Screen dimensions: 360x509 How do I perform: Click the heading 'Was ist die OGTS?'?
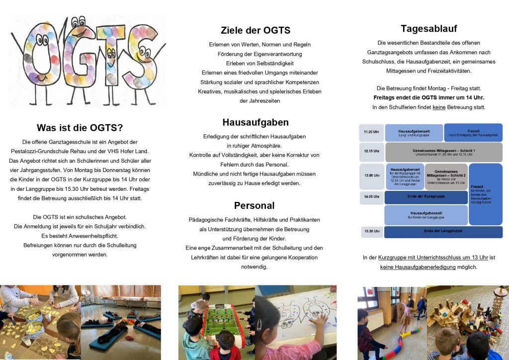(x=80, y=127)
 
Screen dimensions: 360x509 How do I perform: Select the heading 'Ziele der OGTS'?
(x=255, y=30)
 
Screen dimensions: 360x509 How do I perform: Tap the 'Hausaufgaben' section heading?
(x=255, y=122)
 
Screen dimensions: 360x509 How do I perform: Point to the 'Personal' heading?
(x=254, y=205)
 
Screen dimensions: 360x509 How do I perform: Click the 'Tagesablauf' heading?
(x=428, y=28)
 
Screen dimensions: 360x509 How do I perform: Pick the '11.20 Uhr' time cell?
(x=371, y=132)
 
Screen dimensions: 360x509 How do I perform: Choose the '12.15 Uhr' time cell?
(x=371, y=151)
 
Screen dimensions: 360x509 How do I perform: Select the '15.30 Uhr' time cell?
(x=371, y=231)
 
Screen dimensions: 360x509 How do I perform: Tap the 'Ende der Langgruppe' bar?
(x=443, y=231)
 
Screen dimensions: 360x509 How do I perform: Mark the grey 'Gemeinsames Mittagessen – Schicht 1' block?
(x=443, y=152)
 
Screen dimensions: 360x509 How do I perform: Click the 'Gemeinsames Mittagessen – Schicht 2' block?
(x=446, y=176)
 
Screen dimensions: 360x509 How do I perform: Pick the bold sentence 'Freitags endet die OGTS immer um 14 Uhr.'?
(x=428, y=97)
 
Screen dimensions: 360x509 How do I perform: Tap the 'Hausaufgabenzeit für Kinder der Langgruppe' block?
(x=425, y=215)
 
